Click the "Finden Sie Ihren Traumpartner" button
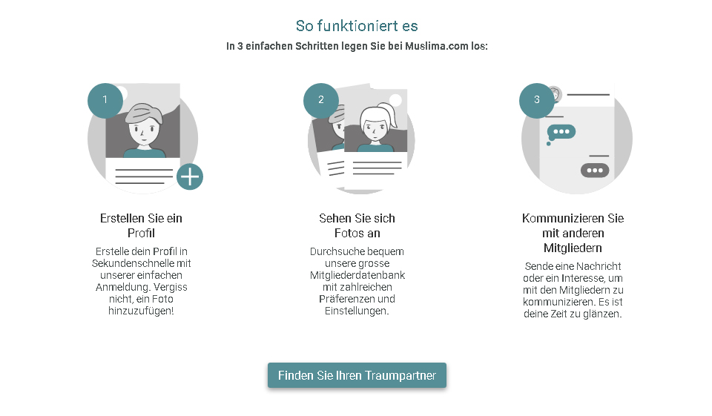(x=357, y=375)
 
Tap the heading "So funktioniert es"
(x=357, y=26)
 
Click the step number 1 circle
(x=105, y=100)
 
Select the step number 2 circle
(x=321, y=100)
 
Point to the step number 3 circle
(x=537, y=100)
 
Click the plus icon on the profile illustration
(x=190, y=176)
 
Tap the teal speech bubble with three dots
(x=561, y=132)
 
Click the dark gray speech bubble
(x=595, y=171)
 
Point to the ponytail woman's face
(x=375, y=126)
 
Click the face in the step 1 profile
(x=143, y=128)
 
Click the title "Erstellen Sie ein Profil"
(x=141, y=225)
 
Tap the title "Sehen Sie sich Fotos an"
(x=357, y=225)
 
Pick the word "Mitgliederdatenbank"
(x=357, y=275)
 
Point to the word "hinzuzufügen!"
(x=141, y=311)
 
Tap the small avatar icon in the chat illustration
(x=555, y=94)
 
